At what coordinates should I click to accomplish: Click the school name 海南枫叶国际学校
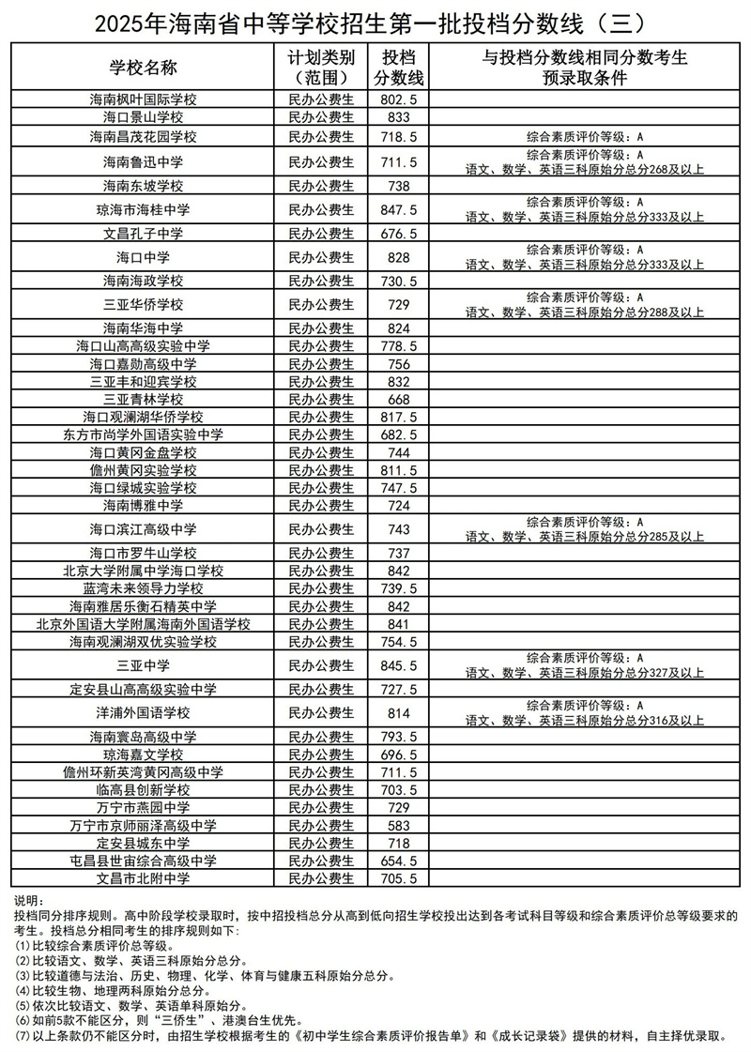click(144, 99)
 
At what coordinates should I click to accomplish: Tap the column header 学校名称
click(144, 67)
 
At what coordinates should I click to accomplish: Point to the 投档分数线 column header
click(399, 67)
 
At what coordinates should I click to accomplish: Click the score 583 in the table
click(399, 825)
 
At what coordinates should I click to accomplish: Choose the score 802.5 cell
click(399, 99)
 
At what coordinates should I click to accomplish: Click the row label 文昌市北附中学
click(144, 878)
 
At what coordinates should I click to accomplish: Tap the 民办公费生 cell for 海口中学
click(321, 257)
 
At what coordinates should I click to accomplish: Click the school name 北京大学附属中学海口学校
click(144, 571)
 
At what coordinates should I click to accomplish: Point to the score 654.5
click(399, 861)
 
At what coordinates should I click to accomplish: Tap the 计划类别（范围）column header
click(321, 67)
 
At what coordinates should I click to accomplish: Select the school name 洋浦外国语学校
click(144, 713)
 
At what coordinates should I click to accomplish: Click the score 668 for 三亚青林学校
click(399, 400)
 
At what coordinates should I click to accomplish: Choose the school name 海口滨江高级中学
click(144, 529)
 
